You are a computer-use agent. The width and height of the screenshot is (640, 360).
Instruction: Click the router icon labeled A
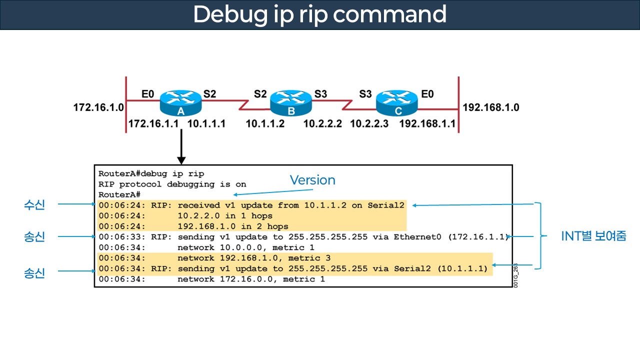pos(180,103)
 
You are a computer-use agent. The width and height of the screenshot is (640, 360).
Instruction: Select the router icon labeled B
pos(290,103)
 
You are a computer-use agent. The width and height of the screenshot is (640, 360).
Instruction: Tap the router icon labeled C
pos(396,103)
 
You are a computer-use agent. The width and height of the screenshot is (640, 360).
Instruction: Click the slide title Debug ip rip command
pos(319,14)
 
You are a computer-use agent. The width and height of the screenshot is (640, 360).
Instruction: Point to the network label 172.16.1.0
pos(98,107)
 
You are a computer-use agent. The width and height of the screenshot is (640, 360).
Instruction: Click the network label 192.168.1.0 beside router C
pos(491,107)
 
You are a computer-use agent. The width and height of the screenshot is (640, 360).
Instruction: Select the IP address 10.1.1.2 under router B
pos(265,123)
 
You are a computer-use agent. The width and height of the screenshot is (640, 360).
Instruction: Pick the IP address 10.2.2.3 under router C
pos(369,123)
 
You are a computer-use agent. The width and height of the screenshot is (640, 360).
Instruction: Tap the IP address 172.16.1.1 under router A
pos(154,123)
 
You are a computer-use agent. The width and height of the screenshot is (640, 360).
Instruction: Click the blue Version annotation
pos(312,180)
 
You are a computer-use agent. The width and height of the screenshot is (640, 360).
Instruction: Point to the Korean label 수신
pos(34,204)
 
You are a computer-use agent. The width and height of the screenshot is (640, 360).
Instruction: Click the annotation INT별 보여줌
pos(593,236)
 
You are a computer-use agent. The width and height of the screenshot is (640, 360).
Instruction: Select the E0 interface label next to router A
pos(148,93)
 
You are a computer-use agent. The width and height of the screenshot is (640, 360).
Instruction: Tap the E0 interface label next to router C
pos(427,93)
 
